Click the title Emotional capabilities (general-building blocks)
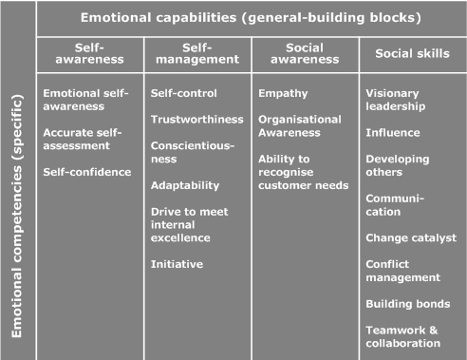pyautogui.click(x=251, y=17)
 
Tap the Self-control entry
pyautogui.click(x=184, y=93)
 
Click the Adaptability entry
pyautogui.click(x=185, y=185)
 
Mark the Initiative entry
pyautogui.click(x=177, y=264)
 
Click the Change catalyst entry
pyautogui.click(x=411, y=237)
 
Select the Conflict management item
pyautogui.click(x=402, y=271)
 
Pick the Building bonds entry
pyautogui.click(x=407, y=304)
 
